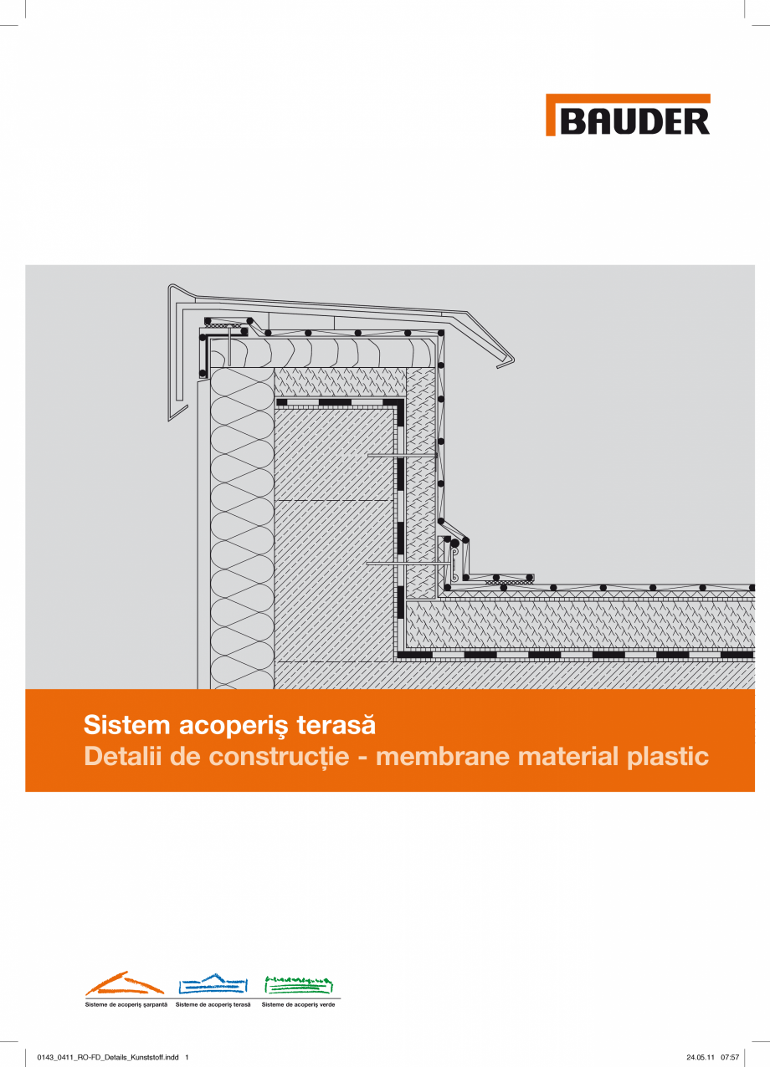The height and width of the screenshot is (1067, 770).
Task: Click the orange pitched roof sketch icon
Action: point(125,983)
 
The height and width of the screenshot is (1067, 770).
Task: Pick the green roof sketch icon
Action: point(299,983)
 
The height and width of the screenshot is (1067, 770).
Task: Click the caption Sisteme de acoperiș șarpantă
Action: point(126,1003)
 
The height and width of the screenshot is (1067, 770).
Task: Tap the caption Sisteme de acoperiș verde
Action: point(299,1003)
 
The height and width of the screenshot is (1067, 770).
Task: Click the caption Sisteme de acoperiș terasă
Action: point(213,1003)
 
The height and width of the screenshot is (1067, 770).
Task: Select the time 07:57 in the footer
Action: point(730,1057)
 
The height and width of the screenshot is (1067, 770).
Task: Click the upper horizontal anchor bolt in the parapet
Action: point(402,455)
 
